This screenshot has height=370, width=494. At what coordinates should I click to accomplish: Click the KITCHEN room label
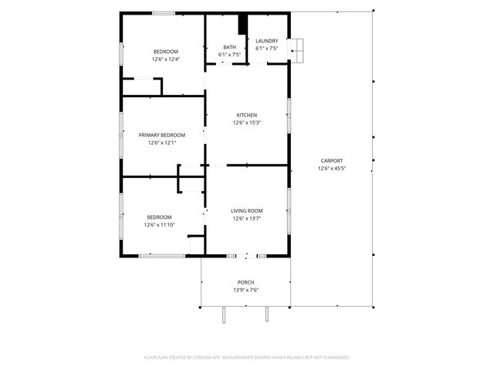[246, 115]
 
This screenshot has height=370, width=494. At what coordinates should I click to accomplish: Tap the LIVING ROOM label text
[246, 210]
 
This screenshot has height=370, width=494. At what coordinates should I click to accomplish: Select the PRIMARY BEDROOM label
[162, 135]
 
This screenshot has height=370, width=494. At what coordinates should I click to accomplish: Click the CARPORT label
[332, 160]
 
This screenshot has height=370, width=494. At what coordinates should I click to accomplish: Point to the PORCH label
[245, 282]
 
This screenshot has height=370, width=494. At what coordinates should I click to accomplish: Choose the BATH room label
[229, 47]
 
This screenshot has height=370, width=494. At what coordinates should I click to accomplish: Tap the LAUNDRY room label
[266, 41]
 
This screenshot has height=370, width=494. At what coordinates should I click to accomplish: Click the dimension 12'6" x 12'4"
[165, 59]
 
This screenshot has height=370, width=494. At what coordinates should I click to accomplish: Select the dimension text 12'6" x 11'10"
[160, 225]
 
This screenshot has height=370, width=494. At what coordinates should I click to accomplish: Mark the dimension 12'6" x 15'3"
[246, 123]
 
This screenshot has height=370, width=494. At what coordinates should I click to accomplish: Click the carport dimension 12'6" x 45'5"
[332, 168]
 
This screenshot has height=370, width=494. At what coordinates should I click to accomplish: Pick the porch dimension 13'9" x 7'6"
[245, 290]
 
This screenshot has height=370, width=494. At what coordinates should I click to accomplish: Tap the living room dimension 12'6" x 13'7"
[246, 218]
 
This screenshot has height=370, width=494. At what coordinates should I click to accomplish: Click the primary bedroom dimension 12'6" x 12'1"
[162, 143]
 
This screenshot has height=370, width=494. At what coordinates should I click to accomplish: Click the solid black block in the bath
[242, 24]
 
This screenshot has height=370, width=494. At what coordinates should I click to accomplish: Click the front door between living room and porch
[246, 255]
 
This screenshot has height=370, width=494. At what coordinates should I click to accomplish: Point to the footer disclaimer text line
[246, 357]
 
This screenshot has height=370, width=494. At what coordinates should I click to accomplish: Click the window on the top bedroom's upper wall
[163, 12]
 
